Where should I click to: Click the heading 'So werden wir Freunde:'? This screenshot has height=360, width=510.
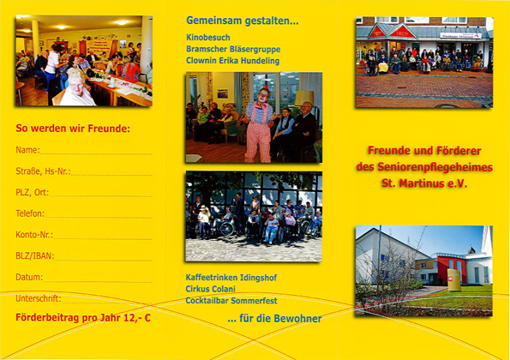(x=73, y=129)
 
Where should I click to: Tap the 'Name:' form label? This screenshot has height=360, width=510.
(x=27, y=150)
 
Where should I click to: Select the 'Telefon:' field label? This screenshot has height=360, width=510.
(x=30, y=213)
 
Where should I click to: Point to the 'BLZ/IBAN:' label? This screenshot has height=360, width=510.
(x=35, y=256)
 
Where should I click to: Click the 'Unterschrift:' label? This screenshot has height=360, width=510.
(x=39, y=298)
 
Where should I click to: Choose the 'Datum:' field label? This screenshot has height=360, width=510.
(x=29, y=277)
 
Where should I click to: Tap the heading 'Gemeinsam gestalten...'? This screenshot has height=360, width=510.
(x=243, y=21)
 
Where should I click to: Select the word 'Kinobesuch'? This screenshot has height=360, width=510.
(x=208, y=38)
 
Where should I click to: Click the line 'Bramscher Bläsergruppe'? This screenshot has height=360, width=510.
(x=233, y=49)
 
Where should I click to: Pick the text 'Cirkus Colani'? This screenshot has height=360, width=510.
(x=211, y=289)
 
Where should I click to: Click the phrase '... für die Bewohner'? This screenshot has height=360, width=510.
(x=274, y=318)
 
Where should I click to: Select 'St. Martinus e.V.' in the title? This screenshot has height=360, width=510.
(x=424, y=183)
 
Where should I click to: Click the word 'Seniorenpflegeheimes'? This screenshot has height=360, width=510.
(x=435, y=167)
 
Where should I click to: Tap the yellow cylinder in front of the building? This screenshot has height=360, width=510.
(x=454, y=280)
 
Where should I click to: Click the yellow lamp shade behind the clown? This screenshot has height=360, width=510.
(x=304, y=97)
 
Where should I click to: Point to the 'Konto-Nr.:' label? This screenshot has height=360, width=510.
(x=34, y=235)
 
